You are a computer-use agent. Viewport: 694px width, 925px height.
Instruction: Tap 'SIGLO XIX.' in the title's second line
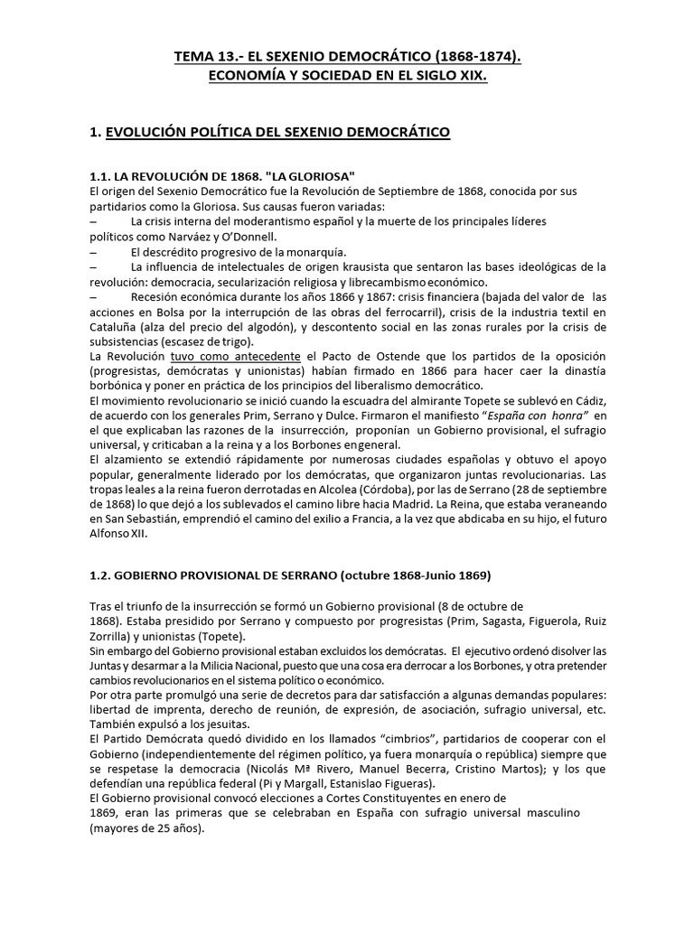(x=443, y=78)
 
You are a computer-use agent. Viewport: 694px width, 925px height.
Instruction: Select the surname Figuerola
(x=529, y=621)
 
